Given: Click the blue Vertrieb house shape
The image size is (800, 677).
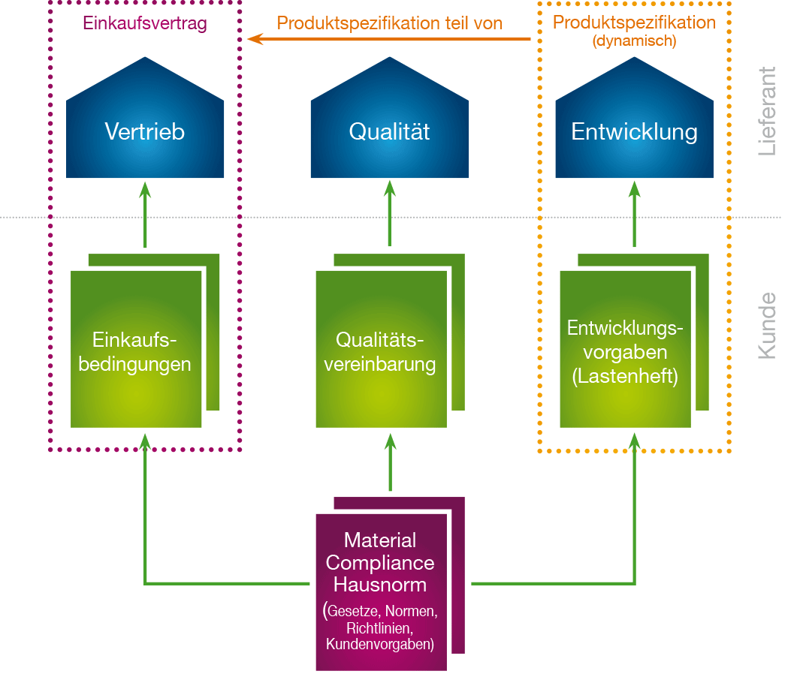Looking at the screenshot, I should tap(145, 132).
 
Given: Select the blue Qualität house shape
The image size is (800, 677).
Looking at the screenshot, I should tap(389, 132).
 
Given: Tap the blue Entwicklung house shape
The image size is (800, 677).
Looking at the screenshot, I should tap(634, 132).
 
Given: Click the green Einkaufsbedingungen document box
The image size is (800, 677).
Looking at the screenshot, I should tap(136, 350).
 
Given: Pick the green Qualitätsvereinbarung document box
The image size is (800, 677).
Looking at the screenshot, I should tap(381, 350).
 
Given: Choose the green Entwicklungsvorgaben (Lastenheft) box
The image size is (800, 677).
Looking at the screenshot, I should tap(625, 350).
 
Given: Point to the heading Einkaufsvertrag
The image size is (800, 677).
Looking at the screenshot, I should tap(144, 24).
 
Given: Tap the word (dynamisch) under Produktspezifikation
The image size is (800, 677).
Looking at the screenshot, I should tap(635, 41).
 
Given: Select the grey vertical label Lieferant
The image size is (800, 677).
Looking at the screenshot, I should tap(767, 111).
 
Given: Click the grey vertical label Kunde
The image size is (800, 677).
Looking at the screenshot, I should tap(767, 325).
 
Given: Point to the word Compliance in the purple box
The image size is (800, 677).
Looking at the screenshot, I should tap(381, 562).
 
